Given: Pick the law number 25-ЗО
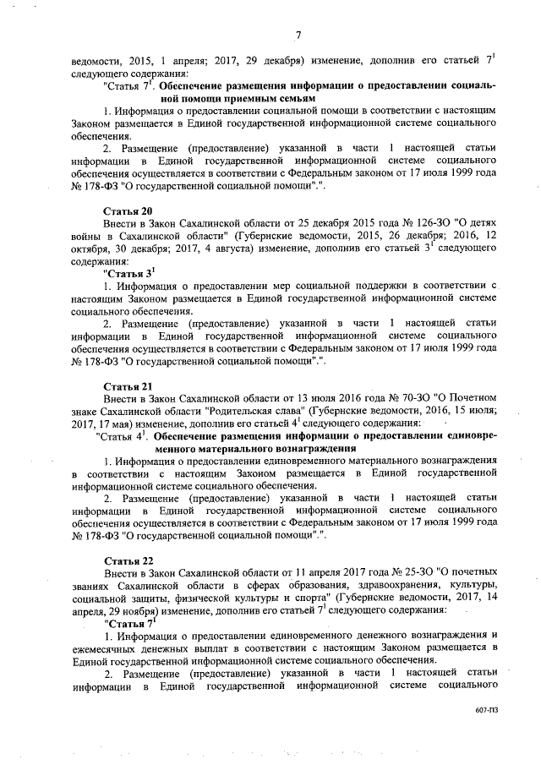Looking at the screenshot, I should tap(385, 573).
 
